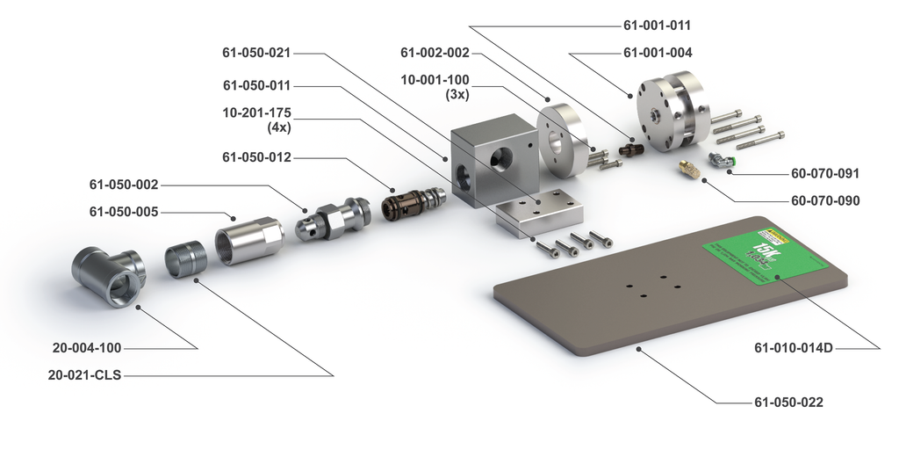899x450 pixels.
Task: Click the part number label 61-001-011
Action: pyautogui.click(x=658, y=25)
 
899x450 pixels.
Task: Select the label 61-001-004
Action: pyautogui.click(x=658, y=53)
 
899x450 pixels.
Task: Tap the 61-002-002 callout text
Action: pyautogui.click(x=435, y=53)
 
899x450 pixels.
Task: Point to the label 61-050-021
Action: pyautogui.click(x=256, y=53)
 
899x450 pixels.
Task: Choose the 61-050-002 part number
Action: pyautogui.click(x=124, y=185)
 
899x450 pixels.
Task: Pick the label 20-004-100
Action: pyautogui.click(x=86, y=348)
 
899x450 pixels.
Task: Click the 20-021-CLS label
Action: pyautogui.click(x=85, y=375)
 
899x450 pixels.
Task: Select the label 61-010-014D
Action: pyautogui.click(x=794, y=348)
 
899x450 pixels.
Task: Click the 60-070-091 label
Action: pyautogui.click(x=825, y=173)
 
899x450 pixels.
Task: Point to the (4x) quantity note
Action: pyautogui.click(x=278, y=127)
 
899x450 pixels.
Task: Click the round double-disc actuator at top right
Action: pyautogui.click(x=669, y=110)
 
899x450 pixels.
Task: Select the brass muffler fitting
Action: pyautogui.click(x=687, y=169)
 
